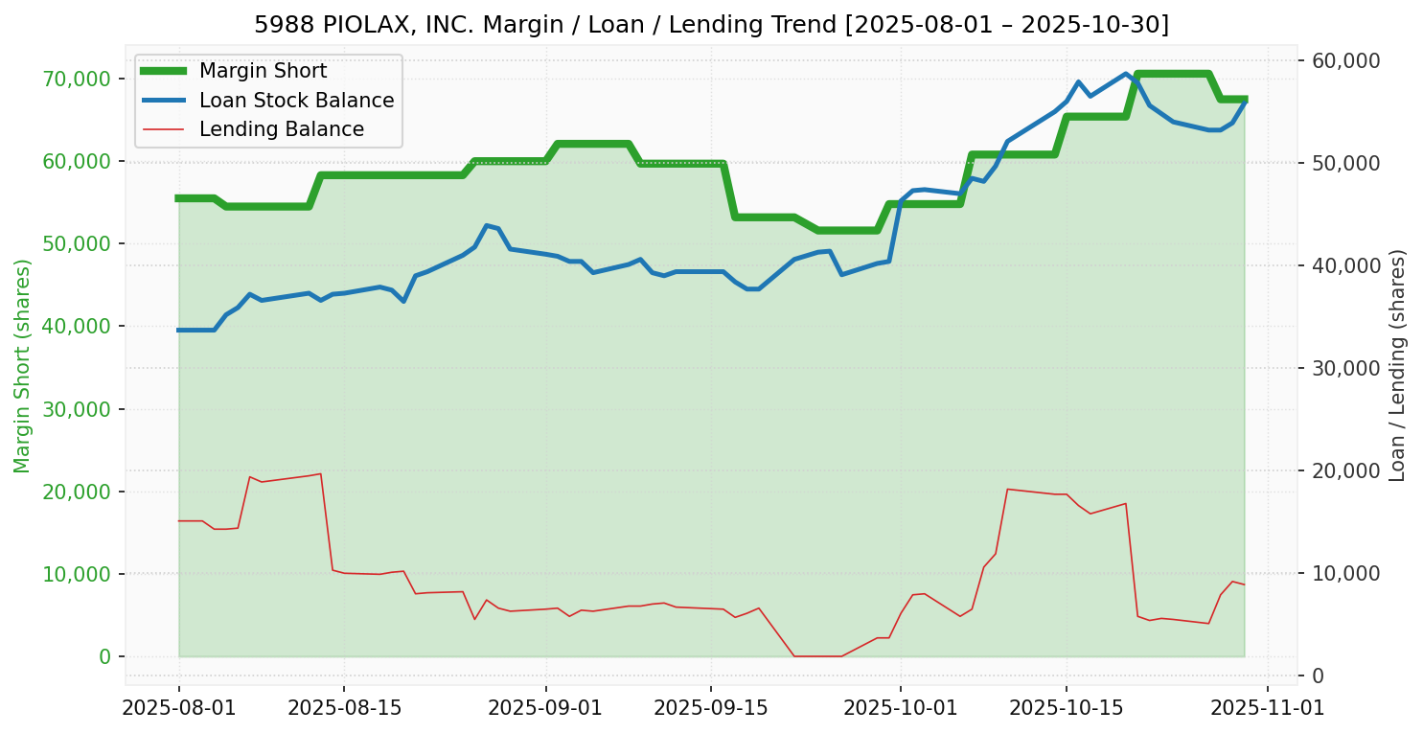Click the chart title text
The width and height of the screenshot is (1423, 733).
pos(711,24)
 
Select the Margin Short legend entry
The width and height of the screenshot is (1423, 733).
pos(263,71)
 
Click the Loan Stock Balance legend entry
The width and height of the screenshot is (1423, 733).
pos(296,101)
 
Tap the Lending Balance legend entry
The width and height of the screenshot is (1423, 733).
pos(281,129)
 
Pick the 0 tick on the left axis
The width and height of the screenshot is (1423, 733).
pos(105,656)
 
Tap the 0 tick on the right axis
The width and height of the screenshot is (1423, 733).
pos(1318,676)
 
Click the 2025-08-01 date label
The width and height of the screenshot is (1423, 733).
pos(178,708)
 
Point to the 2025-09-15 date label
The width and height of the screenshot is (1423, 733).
pos(710,708)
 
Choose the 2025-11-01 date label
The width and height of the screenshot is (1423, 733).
pos(1268,708)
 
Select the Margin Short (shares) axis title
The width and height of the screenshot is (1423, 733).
pos(23,366)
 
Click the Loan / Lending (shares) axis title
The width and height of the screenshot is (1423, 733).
pos(1398,366)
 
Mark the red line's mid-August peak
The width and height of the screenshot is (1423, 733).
pos(320,473)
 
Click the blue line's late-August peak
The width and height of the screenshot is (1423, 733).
pos(487,225)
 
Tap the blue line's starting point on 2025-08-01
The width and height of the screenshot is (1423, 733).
pos(179,330)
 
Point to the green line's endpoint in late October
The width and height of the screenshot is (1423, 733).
pos(1244,99)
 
